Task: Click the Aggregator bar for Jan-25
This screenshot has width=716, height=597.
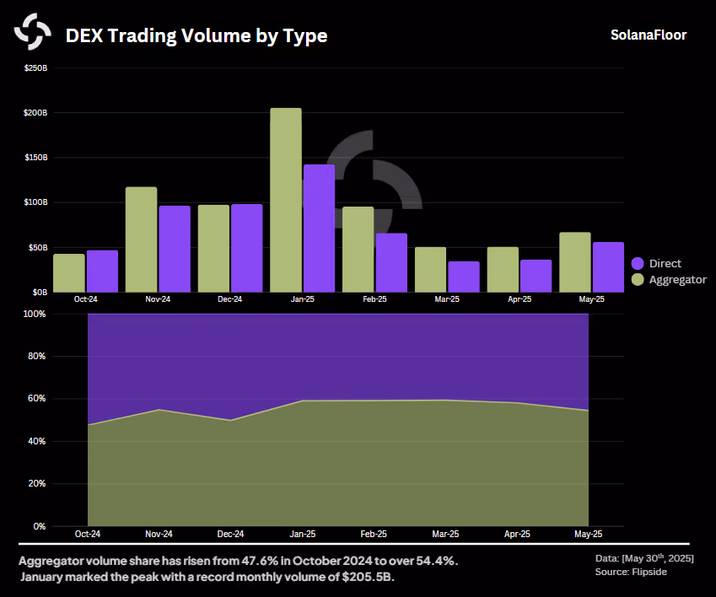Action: [x=286, y=200]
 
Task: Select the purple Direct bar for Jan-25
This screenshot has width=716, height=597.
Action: [x=319, y=229]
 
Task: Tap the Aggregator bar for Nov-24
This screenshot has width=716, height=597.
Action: [x=141, y=239]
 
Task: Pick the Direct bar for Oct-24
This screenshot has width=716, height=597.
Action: [x=102, y=272]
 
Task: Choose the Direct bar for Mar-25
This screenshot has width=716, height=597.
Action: [x=464, y=277]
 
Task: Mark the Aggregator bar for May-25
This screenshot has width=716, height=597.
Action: [x=575, y=262]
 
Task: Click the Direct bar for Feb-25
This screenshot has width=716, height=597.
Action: [x=391, y=263]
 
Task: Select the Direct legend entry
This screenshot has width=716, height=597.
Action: [x=656, y=263]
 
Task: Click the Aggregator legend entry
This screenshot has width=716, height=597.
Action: [x=669, y=279]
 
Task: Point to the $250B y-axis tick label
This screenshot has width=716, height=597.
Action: [x=35, y=68]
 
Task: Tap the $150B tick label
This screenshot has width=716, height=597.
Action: [x=35, y=158]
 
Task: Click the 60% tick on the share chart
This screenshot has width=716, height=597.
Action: [x=36, y=399]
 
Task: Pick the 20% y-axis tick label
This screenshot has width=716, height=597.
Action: [x=36, y=483]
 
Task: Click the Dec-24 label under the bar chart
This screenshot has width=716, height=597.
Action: [x=229, y=299]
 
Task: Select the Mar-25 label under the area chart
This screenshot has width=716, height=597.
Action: [x=445, y=534]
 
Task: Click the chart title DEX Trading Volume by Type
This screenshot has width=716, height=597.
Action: [x=196, y=35]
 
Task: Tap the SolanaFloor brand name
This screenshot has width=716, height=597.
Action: [x=649, y=35]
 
